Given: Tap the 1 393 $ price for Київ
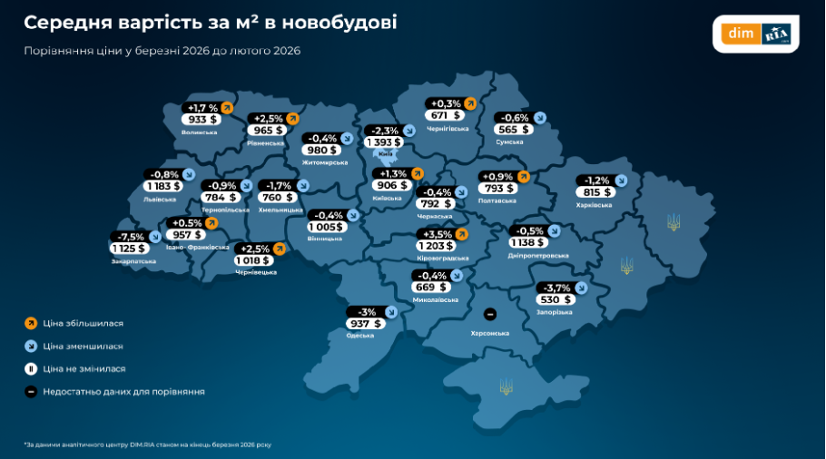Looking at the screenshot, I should coord(385,142).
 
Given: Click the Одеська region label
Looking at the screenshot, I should coord(360,336).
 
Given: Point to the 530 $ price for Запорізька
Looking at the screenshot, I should coord(555,299).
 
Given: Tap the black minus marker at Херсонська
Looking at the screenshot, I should coord(490,315).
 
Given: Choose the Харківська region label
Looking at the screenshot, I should coord(594,205).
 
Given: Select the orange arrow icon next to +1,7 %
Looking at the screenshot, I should coord(227,107).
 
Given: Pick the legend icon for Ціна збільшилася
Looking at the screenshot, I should coord(31,322).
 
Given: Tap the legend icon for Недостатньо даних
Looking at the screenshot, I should coord(31,392).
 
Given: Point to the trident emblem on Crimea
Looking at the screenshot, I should coord(506,387).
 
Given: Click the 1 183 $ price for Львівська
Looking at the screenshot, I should coord(163,186).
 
